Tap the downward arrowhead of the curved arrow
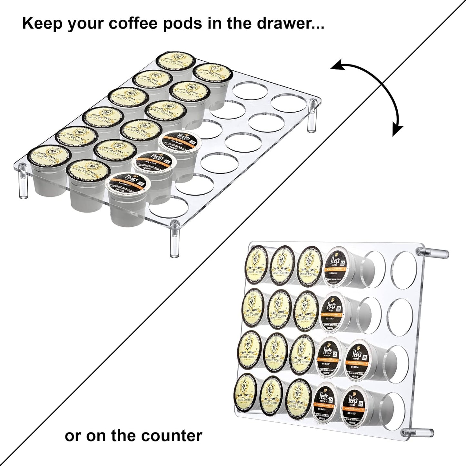[x=398, y=130]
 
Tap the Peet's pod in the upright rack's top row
[x=336, y=265]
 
